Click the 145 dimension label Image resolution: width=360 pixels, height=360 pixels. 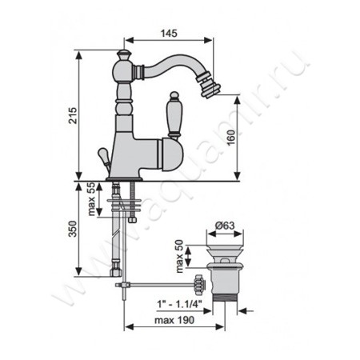point(169,34)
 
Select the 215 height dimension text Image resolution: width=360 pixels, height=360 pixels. point(73,115)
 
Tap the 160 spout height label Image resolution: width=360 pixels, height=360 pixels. point(231,138)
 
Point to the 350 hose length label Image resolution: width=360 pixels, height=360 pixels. point(73,229)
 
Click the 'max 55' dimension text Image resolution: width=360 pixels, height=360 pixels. point(91,199)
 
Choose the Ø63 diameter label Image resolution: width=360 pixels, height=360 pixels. point(225,226)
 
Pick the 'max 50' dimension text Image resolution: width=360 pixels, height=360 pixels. point(179,256)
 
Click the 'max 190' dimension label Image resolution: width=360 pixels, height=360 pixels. point(174,320)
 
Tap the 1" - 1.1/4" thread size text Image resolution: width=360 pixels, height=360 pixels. point(179,304)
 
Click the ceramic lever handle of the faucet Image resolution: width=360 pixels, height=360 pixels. point(174,114)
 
